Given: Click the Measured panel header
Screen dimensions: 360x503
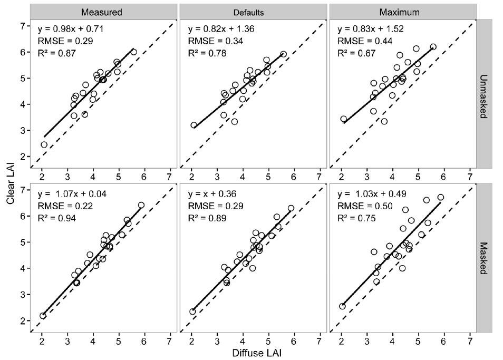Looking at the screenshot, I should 103,11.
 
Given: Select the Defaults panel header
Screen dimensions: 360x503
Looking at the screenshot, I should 253,11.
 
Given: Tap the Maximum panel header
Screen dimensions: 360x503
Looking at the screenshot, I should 403,11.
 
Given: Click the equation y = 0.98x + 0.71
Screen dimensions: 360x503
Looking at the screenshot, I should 70,28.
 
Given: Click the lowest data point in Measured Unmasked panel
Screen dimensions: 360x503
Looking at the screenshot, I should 44,144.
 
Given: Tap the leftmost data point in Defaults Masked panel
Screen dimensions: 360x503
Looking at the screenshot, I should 193,312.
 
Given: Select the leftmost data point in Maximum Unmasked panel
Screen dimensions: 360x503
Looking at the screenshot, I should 344,119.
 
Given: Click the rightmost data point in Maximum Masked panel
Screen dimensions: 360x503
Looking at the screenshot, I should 441,197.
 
